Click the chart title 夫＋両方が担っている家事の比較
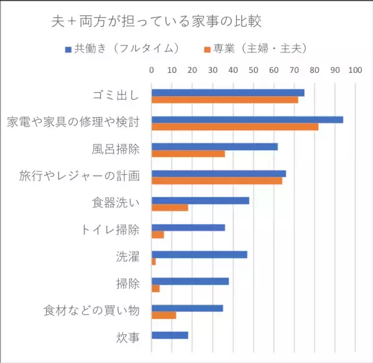[156, 21]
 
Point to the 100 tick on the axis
[355, 70]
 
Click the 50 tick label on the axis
[254, 70]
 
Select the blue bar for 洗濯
[200, 254]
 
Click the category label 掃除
[127, 284]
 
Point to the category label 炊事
[127, 338]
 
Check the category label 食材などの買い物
[91, 311]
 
